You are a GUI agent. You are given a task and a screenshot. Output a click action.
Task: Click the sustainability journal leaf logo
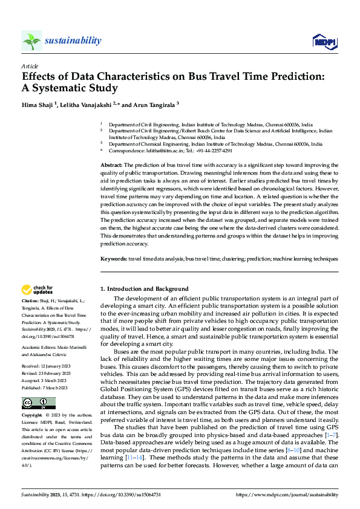click(x=31, y=41)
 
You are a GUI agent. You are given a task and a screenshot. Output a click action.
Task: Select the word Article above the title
click(x=30, y=66)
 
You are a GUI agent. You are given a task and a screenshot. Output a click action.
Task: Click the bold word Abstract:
click(x=111, y=165)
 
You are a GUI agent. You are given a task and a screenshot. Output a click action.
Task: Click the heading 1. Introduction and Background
click(x=144, y=289)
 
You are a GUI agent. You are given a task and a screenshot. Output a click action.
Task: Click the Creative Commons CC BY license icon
click(x=38, y=403)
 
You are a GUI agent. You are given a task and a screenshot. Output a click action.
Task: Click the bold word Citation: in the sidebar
click(x=31, y=300)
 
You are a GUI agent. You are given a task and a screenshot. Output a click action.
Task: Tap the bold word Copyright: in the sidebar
click(x=33, y=416)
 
